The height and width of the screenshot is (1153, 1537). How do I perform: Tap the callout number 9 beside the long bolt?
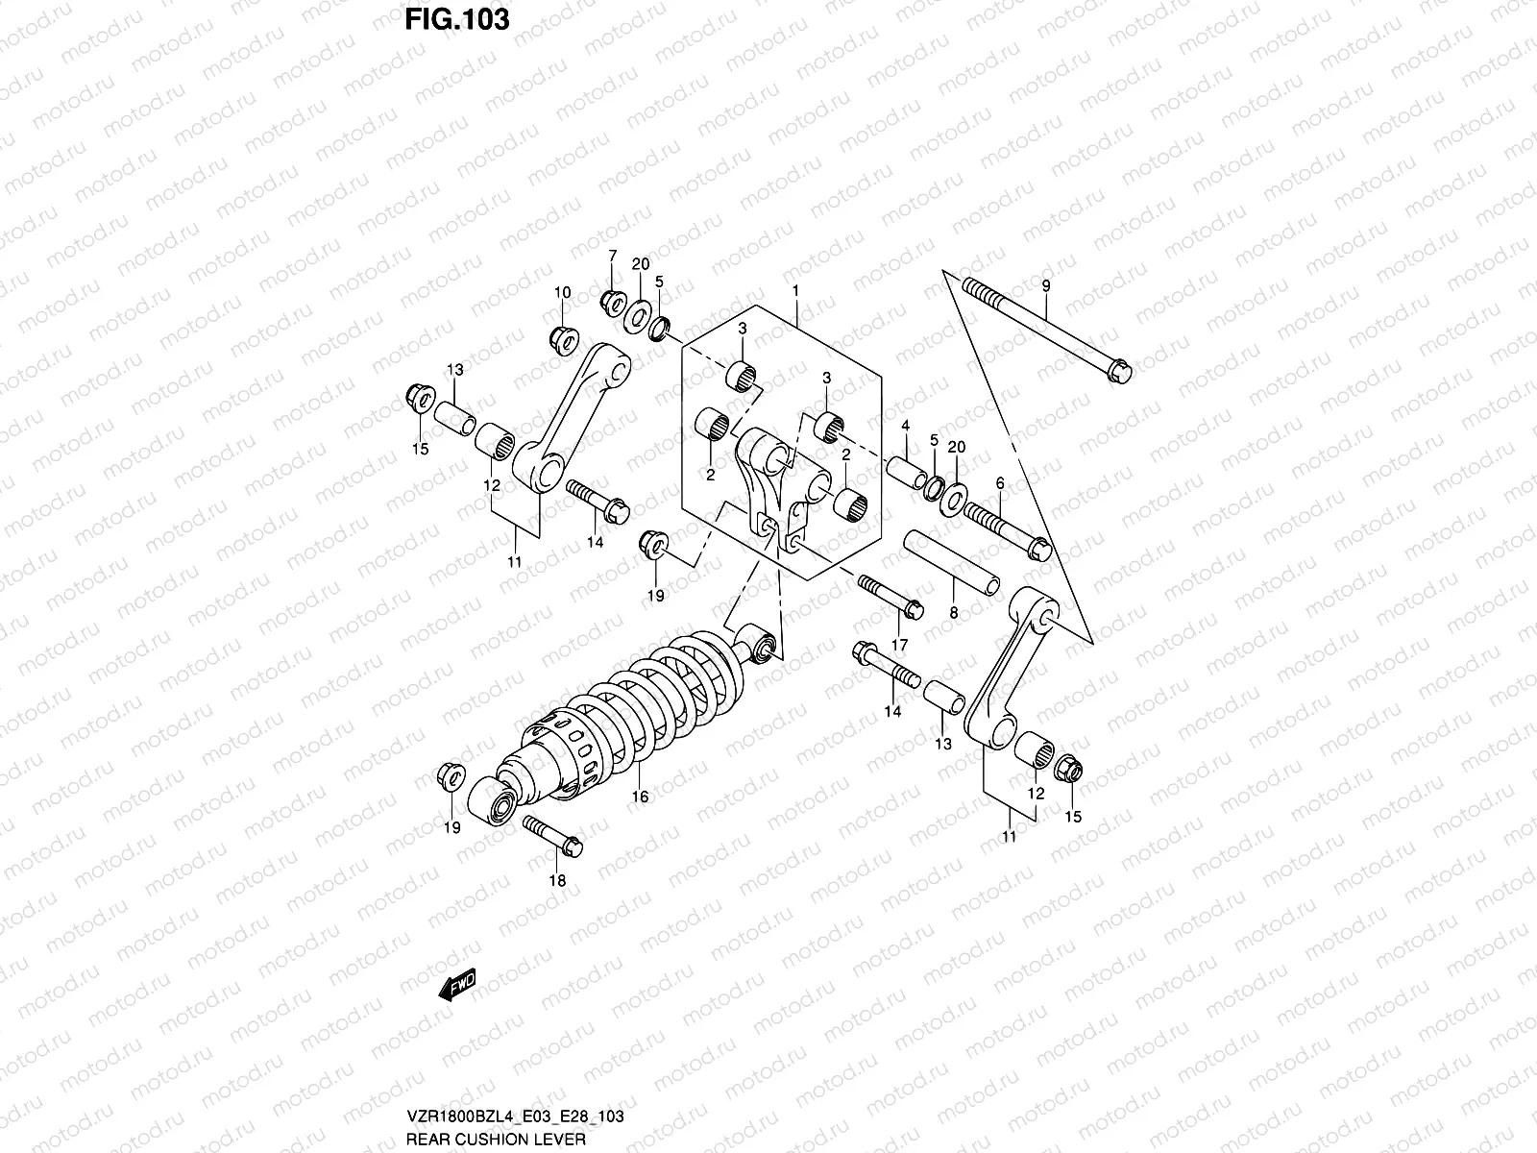(x=1046, y=286)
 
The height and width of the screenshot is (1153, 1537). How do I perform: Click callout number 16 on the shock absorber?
(x=640, y=797)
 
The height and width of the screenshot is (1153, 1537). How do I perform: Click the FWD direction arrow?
(x=457, y=987)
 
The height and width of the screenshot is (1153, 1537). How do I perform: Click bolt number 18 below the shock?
(x=550, y=833)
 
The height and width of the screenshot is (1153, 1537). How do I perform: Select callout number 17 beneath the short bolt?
(x=900, y=644)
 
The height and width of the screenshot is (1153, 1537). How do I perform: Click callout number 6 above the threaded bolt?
(x=999, y=483)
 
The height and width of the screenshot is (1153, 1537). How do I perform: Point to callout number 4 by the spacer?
(x=905, y=425)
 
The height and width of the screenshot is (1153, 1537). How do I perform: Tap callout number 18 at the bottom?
(x=557, y=880)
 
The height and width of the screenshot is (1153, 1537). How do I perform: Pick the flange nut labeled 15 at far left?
(x=419, y=396)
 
